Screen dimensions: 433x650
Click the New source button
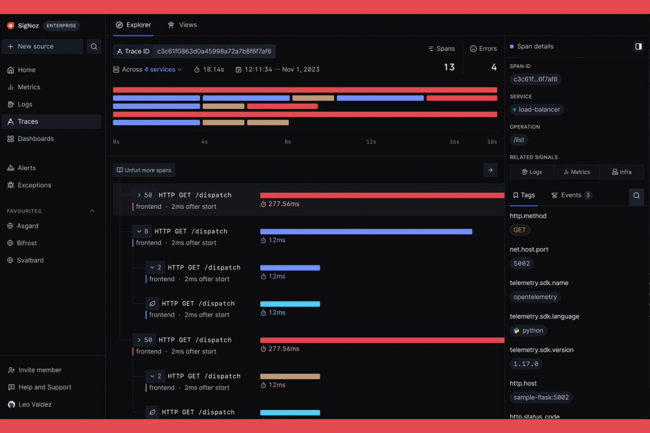pyautogui.click(x=42, y=47)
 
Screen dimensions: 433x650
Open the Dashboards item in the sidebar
pyautogui.click(x=35, y=139)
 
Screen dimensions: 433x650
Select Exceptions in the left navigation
pyautogui.click(x=34, y=185)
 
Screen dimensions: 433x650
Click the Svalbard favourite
pyautogui.click(x=30, y=260)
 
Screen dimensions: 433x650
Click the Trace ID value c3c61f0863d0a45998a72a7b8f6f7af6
pyautogui.click(x=214, y=51)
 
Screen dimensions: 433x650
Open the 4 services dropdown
pyautogui.click(x=163, y=69)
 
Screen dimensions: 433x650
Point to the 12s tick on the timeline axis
pyautogui.click(x=371, y=142)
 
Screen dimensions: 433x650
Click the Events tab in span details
pyautogui.click(x=571, y=195)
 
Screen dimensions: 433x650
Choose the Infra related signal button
pyautogui.click(x=621, y=172)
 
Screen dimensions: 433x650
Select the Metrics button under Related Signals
pyautogui.click(x=577, y=172)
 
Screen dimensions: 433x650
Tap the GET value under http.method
pyautogui.click(x=520, y=230)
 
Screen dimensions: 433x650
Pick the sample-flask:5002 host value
pyautogui.click(x=541, y=397)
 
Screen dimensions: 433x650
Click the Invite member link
pyautogui.click(x=40, y=370)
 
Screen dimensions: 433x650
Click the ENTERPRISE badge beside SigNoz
pyautogui.click(x=61, y=25)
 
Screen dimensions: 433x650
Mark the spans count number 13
pyautogui.click(x=449, y=67)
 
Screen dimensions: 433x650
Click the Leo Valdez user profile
pyautogui.click(x=35, y=404)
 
